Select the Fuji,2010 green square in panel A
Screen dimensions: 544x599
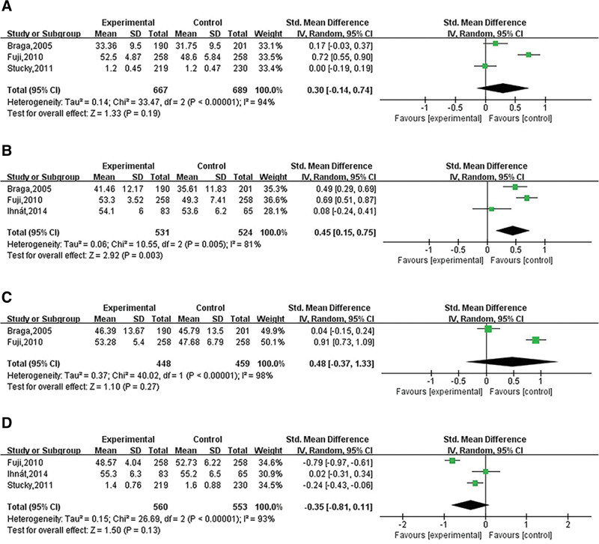[x=529, y=55]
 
